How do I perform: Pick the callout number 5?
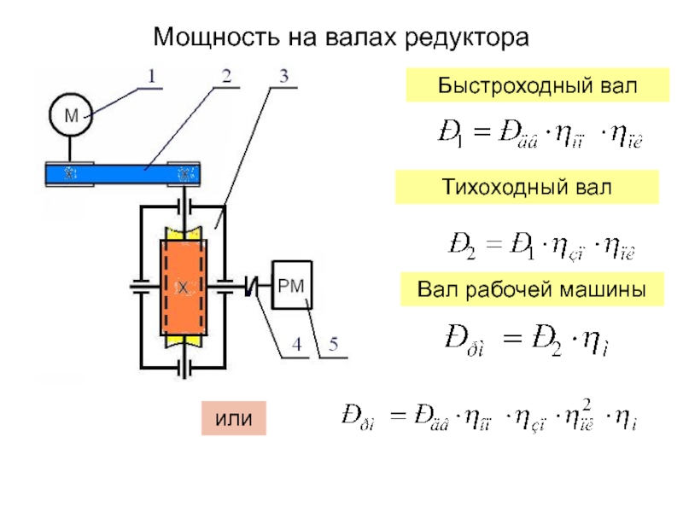(333, 346)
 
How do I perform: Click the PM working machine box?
(292, 284)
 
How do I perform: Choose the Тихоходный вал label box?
(527, 187)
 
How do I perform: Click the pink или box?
(234, 418)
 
